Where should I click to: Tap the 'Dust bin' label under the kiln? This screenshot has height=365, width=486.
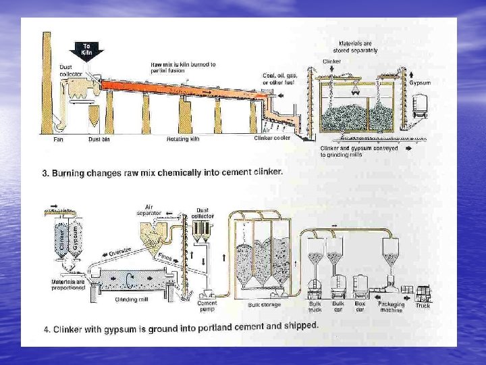[x=99, y=139]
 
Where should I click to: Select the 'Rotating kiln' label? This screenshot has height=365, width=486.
[x=183, y=139]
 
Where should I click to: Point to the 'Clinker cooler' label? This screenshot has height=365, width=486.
[x=272, y=139]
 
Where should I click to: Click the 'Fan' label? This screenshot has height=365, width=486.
[x=58, y=139]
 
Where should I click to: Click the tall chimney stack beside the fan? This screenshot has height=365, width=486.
[x=47, y=81]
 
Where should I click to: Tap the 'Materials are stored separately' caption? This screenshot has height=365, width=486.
[x=358, y=47]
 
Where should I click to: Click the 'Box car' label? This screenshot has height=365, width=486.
[x=360, y=306]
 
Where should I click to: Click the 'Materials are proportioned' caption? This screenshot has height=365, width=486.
[x=68, y=284]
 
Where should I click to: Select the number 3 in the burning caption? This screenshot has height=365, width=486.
[x=45, y=174]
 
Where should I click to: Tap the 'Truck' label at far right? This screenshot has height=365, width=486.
[x=423, y=306]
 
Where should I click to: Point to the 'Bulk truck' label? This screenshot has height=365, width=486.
[x=315, y=306]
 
